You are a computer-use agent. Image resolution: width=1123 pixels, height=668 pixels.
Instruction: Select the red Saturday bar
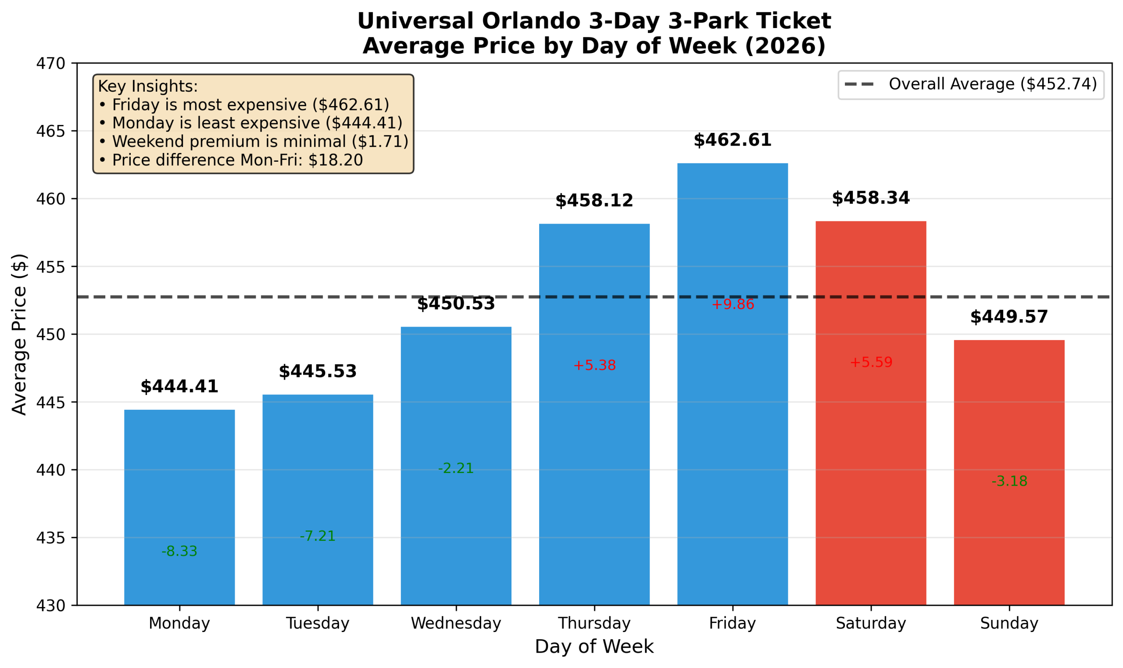click(x=870, y=450)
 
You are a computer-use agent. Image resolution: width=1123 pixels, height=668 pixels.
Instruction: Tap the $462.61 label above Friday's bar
click(x=732, y=140)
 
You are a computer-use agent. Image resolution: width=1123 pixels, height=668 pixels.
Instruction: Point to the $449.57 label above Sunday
click(x=1009, y=317)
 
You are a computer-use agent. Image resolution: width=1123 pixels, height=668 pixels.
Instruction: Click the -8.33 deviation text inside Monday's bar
click(x=179, y=551)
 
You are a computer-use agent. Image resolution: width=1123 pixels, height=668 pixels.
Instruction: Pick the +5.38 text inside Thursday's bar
click(x=594, y=366)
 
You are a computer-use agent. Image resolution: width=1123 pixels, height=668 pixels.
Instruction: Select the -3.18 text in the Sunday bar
click(x=1009, y=482)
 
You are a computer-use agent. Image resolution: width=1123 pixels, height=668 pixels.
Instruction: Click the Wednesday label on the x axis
click(x=456, y=623)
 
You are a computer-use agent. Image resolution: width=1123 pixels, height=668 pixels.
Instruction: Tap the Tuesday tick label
click(x=318, y=623)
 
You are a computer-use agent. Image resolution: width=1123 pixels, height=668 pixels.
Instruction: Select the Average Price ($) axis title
click(x=19, y=334)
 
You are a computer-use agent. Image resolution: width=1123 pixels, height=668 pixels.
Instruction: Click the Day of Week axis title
click(x=594, y=647)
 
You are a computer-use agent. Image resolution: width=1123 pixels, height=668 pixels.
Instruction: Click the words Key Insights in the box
click(x=148, y=86)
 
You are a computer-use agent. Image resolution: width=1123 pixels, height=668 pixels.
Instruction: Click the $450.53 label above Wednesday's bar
click(x=456, y=304)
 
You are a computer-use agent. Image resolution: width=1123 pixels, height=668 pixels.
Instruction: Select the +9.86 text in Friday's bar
click(x=733, y=305)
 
